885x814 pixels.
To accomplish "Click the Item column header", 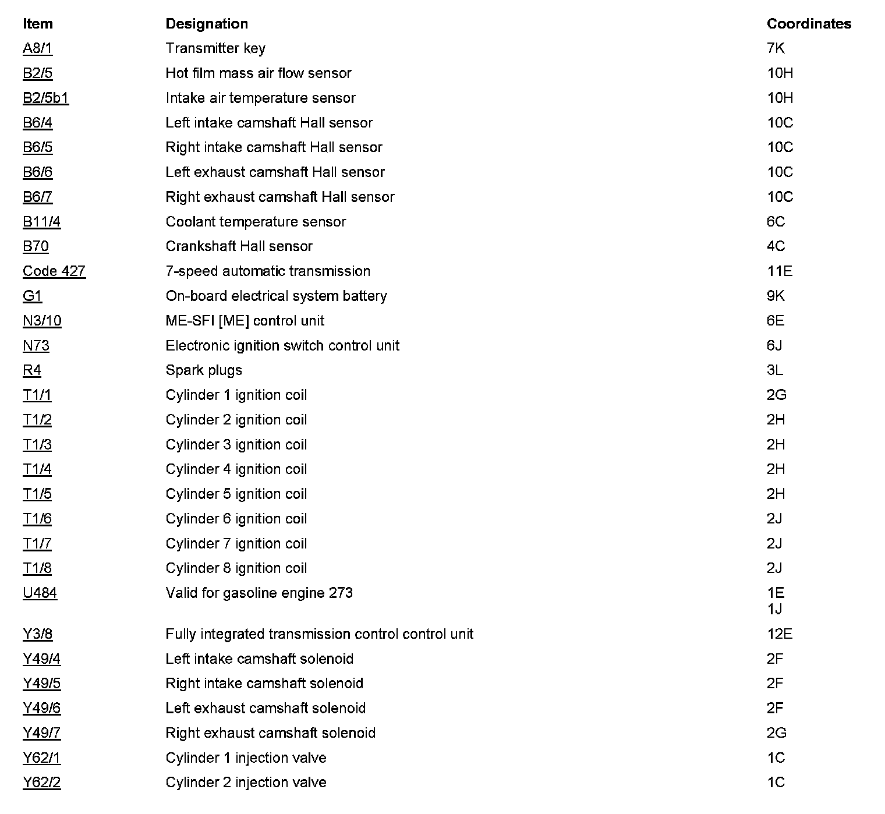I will [37, 24].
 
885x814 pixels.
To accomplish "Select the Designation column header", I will [207, 24].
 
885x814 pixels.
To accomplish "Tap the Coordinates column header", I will [809, 24].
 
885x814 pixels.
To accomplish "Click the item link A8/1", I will [37, 48].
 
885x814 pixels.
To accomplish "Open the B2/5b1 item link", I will [45, 98].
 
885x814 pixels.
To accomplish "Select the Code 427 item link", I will [54, 271].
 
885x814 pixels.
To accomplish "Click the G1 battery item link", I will [32, 296].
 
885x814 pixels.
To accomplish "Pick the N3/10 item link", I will [42, 321].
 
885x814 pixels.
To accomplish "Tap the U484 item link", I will [40, 593].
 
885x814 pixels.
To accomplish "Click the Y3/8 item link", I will [37, 634].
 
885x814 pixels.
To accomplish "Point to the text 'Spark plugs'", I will [204, 370].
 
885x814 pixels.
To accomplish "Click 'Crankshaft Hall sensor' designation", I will [239, 246].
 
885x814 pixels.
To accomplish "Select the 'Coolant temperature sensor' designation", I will [256, 222].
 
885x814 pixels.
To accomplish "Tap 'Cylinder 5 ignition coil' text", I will [236, 494].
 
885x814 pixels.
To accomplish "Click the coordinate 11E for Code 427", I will [779, 271].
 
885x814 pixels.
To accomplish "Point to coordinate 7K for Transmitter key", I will [776, 48].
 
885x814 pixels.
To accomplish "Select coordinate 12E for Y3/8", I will [779, 634].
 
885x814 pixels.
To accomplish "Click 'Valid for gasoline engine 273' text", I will [259, 593].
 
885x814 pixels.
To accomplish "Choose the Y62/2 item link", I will [41, 783].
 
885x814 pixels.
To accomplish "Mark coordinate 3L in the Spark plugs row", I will [774, 370].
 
